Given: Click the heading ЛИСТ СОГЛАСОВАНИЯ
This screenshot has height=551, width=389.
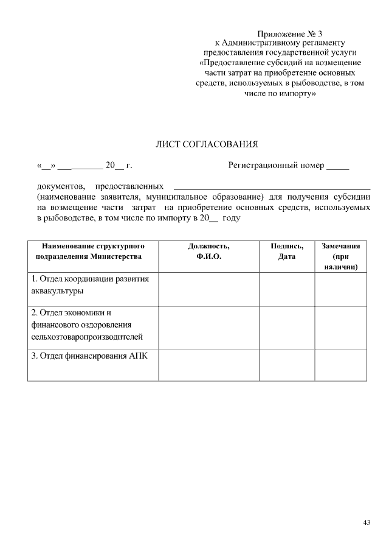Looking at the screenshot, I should click(x=207, y=144).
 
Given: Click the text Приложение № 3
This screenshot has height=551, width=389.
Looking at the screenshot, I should click(x=285, y=33).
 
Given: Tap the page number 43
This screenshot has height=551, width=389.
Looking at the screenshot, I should click(x=366, y=522).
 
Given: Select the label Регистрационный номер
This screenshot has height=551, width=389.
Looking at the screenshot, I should click(x=276, y=165).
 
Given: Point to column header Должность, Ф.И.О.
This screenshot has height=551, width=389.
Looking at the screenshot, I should click(x=208, y=251).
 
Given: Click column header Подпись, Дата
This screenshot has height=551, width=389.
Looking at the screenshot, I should click(x=286, y=251).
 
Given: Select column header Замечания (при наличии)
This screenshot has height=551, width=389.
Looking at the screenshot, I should click(x=340, y=256).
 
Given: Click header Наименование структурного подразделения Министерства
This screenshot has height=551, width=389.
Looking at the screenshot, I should click(x=92, y=251).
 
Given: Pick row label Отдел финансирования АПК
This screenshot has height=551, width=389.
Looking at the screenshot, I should click(x=89, y=356).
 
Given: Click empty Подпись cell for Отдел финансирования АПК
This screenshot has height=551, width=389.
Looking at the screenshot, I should click(x=286, y=365).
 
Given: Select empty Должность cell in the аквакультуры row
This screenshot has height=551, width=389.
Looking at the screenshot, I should click(x=208, y=289).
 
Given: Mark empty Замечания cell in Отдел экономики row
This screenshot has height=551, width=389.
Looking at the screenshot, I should click(x=340, y=328).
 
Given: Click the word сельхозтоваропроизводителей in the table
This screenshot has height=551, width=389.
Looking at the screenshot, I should click(x=87, y=337).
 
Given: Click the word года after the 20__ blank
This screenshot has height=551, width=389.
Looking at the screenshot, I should click(x=232, y=217).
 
